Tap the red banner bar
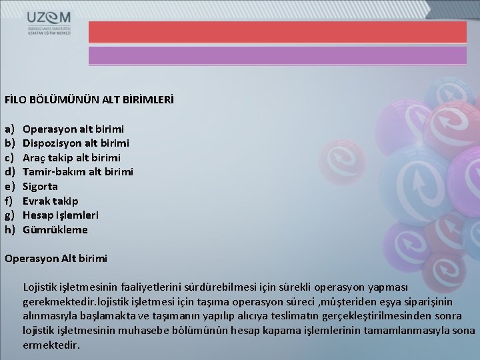click(277, 31)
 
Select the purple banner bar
click(277, 55)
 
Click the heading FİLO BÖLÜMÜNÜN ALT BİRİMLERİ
click(89, 99)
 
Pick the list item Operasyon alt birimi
click(73, 129)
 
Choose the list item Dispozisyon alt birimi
click(76, 143)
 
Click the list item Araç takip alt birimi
click(71, 157)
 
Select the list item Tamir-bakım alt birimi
click(78, 172)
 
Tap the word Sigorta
click(40, 187)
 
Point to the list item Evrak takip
click(50, 201)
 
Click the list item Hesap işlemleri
click(60, 215)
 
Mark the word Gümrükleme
click(55, 230)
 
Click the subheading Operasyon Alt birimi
click(55, 258)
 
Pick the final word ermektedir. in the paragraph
click(51, 345)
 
